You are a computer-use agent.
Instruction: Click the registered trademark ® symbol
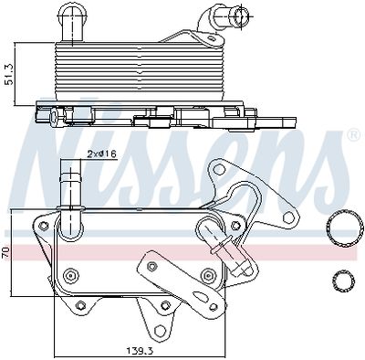[352, 136]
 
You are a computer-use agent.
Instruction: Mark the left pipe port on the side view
[71, 16]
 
